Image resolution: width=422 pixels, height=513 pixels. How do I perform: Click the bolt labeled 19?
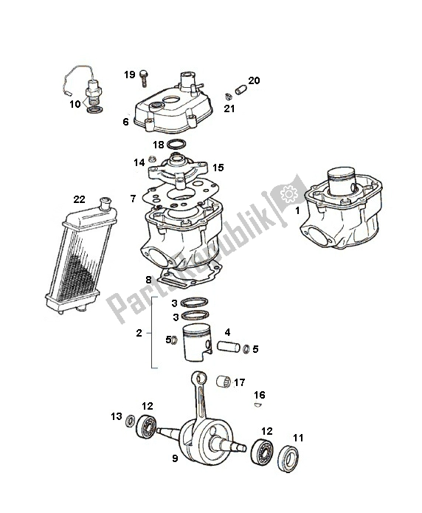click(143, 78)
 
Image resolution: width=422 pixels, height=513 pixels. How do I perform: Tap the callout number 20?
click(254, 80)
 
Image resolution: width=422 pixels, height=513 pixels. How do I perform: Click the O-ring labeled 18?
click(176, 144)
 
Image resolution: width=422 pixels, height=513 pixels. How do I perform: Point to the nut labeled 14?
click(152, 159)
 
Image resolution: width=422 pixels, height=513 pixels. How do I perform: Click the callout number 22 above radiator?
click(79, 199)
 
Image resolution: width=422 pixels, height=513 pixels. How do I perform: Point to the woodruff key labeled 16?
click(258, 404)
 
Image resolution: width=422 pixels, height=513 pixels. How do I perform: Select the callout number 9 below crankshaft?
click(175, 458)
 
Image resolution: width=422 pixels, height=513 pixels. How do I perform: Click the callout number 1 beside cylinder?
click(297, 210)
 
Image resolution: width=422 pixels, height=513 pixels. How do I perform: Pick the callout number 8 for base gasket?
click(148, 280)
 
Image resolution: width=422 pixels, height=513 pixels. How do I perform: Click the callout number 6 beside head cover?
click(126, 122)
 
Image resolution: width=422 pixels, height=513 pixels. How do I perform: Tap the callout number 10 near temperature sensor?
click(75, 104)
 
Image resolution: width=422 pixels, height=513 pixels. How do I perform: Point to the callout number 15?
click(218, 168)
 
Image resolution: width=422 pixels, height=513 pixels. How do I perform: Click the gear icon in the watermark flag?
click(289, 194)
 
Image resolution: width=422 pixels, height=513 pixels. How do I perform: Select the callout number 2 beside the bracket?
click(139, 333)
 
